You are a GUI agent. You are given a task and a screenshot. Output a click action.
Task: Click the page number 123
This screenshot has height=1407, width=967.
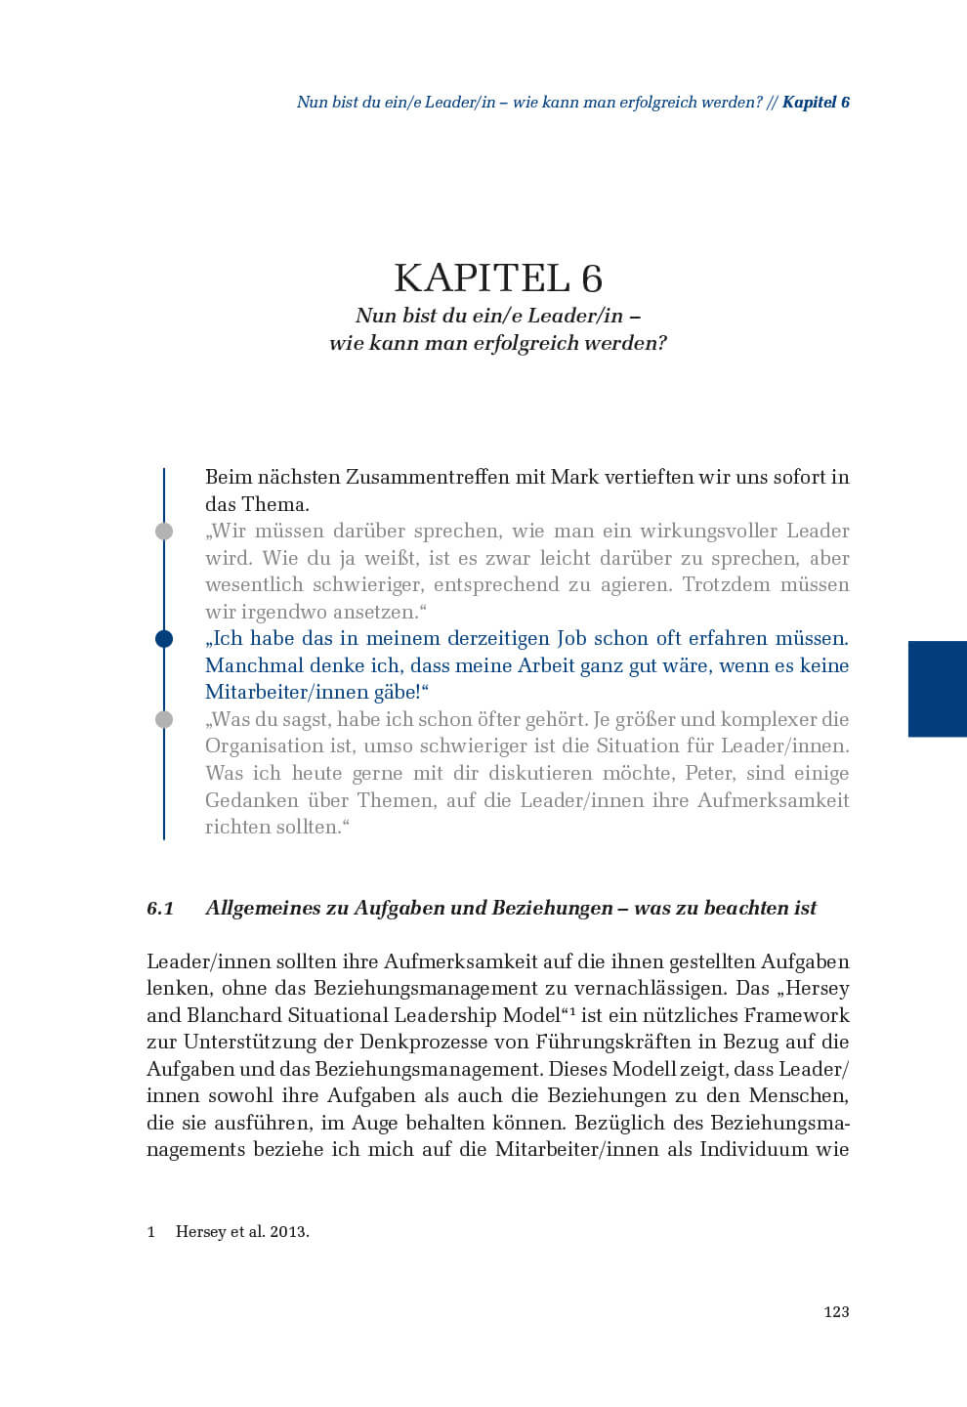pyautogui.click(x=836, y=1311)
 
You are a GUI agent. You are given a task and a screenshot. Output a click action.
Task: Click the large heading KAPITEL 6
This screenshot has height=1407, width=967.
pyautogui.click(x=498, y=278)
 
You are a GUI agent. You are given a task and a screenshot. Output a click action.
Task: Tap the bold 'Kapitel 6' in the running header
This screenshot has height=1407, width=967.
pyautogui.click(x=816, y=102)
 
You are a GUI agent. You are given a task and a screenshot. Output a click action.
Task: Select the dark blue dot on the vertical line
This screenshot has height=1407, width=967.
pyautogui.click(x=164, y=639)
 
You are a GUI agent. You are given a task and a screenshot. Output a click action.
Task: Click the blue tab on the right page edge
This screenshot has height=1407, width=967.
pyautogui.click(x=937, y=688)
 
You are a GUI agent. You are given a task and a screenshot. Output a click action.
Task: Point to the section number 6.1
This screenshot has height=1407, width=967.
pyautogui.click(x=160, y=908)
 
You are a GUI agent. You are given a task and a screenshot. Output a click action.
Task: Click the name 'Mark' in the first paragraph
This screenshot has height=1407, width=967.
pyautogui.click(x=574, y=478)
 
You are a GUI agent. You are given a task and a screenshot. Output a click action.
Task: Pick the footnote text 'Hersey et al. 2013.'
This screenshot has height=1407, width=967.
pyautogui.click(x=242, y=1232)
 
